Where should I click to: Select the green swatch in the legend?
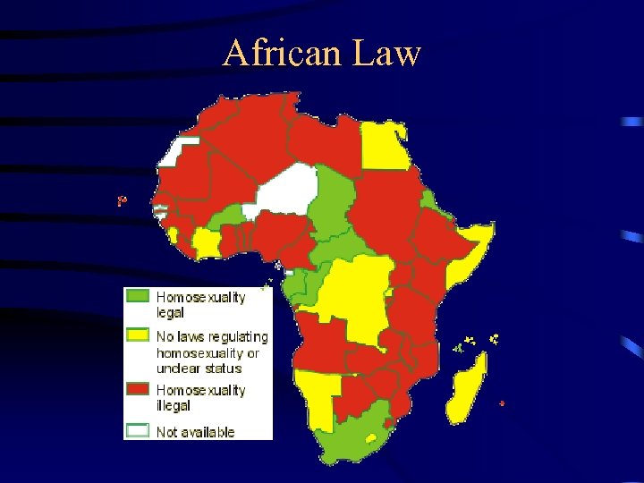click(138, 296)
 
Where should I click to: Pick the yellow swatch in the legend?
click(138, 336)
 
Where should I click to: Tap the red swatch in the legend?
click(138, 390)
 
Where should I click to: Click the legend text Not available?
click(195, 432)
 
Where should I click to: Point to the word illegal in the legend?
click(174, 405)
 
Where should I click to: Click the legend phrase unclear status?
click(199, 368)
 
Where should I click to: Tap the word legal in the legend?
click(170, 312)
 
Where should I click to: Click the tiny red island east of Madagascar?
click(502, 403)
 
